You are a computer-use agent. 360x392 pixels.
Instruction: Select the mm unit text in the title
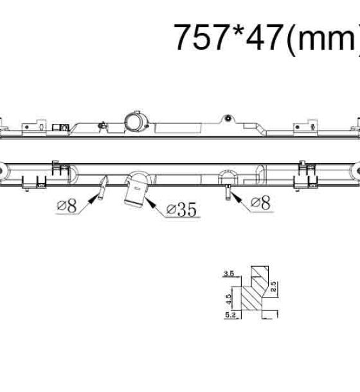coord(327,40)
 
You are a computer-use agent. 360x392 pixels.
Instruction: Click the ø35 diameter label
coord(182,209)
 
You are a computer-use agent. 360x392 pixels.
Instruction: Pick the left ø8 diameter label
coord(67,206)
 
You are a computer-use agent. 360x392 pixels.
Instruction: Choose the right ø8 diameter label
coord(260,202)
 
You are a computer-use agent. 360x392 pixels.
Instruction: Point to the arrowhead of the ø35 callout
coord(150,202)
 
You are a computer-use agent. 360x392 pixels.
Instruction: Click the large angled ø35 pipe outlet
coord(135,193)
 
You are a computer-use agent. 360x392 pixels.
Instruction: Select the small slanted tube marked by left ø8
coord(103,188)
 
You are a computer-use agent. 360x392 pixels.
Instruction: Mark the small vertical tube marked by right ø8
coord(228,192)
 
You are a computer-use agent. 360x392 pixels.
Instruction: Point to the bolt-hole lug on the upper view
coord(228,118)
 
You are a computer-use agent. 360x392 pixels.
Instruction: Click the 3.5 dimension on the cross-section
coord(229,274)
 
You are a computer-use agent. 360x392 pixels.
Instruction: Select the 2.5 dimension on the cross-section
coord(273,287)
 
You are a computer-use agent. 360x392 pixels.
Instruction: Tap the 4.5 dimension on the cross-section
coord(228,299)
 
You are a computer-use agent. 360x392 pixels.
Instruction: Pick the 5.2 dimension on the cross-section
coord(230,315)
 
